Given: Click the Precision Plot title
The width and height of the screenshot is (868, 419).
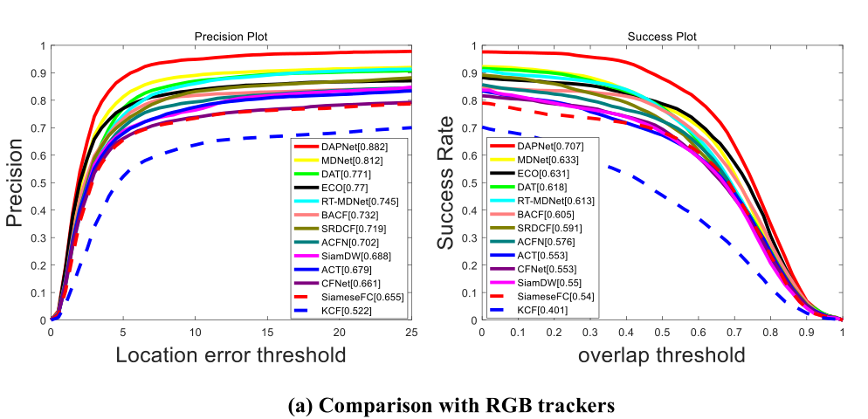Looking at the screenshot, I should tap(231, 37).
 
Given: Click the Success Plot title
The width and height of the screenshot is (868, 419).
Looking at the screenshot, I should tap(661, 37).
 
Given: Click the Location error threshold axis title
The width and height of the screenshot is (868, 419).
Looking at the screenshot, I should tap(231, 355).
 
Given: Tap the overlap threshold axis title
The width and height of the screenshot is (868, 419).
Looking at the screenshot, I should tap(661, 355).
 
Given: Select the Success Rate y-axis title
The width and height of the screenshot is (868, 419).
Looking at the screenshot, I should tap(445, 183).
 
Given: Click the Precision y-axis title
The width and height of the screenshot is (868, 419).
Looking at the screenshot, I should tap(15, 183).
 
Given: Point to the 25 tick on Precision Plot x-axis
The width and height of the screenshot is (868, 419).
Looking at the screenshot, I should tap(410, 333).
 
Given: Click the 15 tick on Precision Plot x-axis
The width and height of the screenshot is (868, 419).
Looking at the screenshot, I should tap(267, 333).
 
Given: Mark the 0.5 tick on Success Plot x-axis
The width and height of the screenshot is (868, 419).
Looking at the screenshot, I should tap(662, 333).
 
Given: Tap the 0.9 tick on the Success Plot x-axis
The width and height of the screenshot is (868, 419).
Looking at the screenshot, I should tap(806, 333).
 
